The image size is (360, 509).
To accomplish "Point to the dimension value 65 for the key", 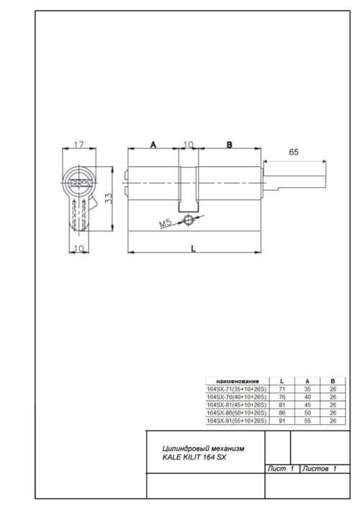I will point(294,152).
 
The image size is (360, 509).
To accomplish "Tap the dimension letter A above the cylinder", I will point(153,145).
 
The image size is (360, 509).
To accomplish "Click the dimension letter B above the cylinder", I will point(229,145).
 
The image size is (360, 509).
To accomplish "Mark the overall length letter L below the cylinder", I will point(193,247).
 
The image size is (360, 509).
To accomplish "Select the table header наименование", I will point(237,380).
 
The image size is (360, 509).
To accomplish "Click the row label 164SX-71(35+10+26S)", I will point(237,388).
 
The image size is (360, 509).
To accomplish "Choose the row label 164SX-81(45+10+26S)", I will point(237,405).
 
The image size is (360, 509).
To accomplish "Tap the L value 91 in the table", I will point(281,421).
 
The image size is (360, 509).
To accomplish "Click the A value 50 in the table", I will point(307,413).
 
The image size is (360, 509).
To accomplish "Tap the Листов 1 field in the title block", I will point(321,469).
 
